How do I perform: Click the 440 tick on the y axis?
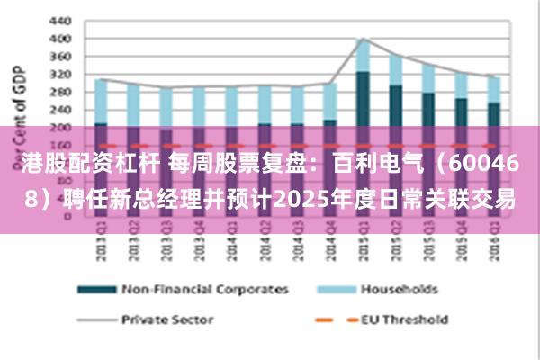(x=59, y=20)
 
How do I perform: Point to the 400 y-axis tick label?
(x=59, y=39)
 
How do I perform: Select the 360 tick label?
(x=59, y=57)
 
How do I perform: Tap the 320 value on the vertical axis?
(x=59, y=75)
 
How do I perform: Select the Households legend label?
(x=399, y=289)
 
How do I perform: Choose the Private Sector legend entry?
(x=167, y=319)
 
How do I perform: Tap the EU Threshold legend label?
(x=404, y=319)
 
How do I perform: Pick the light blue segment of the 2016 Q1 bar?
(x=493, y=89)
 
